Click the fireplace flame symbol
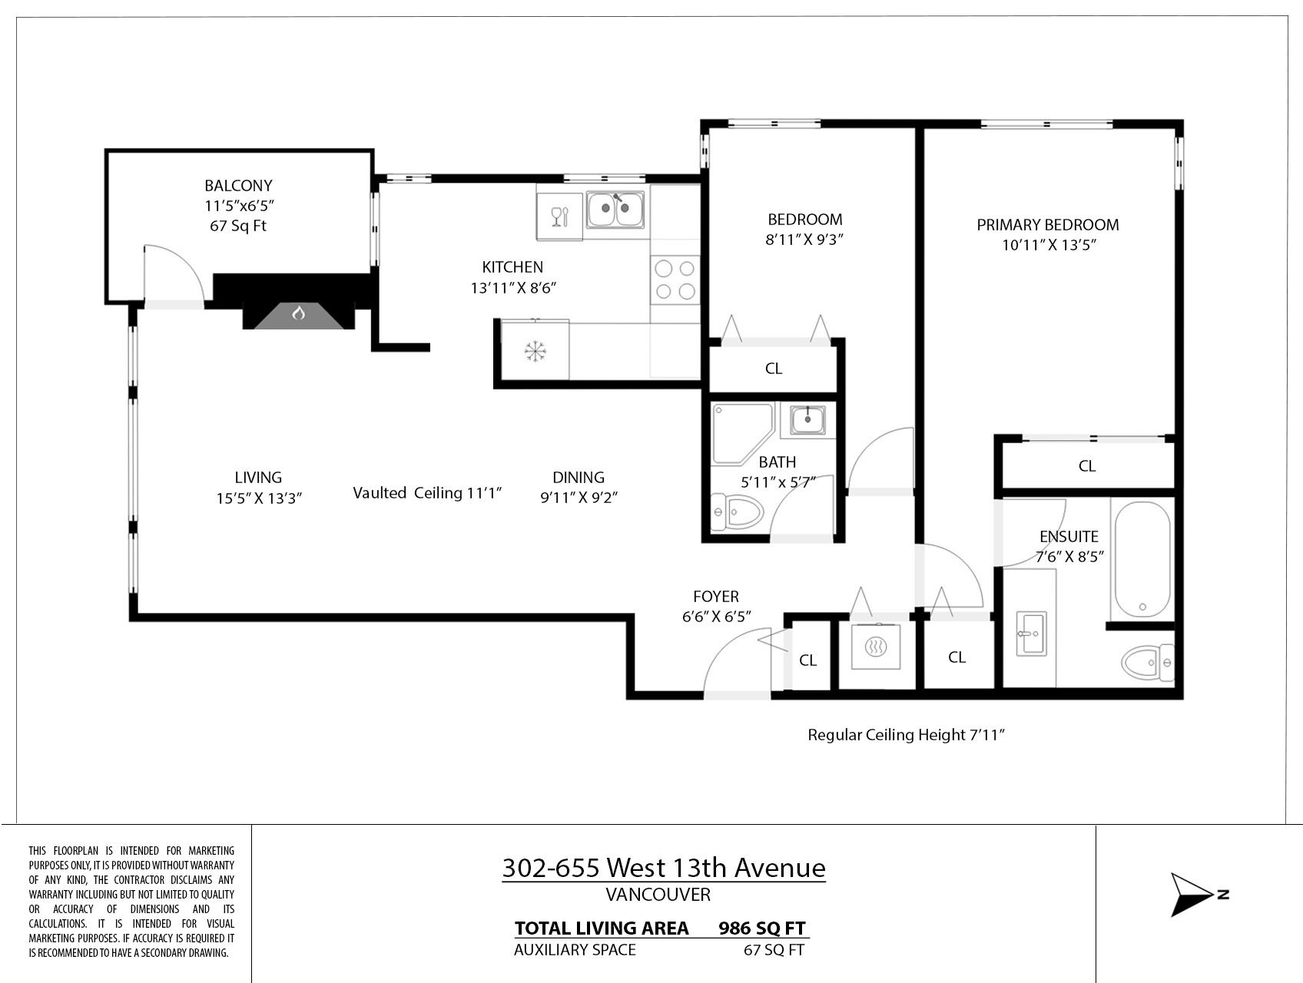(x=299, y=313)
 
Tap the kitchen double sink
(x=615, y=210)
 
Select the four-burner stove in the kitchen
(x=675, y=280)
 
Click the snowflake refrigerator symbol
(x=535, y=352)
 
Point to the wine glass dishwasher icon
(x=559, y=217)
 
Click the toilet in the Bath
(x=737, y=512)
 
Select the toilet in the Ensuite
(x=1148, y=661)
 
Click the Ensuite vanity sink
(x=1030, y=634)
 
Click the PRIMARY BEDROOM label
(x=1048, y=225)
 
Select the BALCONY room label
(x=238, y=186)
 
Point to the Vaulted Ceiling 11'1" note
(x=427, y=493)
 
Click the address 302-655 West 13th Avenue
(x=664, y=868)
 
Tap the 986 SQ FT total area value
(x=762, y=928)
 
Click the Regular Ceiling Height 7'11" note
(x=907, y=735)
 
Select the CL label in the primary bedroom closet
(x=1087, y=466)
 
